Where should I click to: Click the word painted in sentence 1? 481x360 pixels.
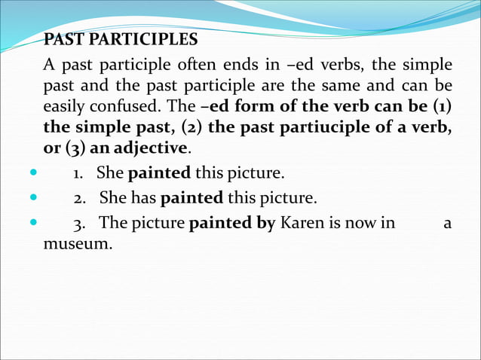click(159, 174)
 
